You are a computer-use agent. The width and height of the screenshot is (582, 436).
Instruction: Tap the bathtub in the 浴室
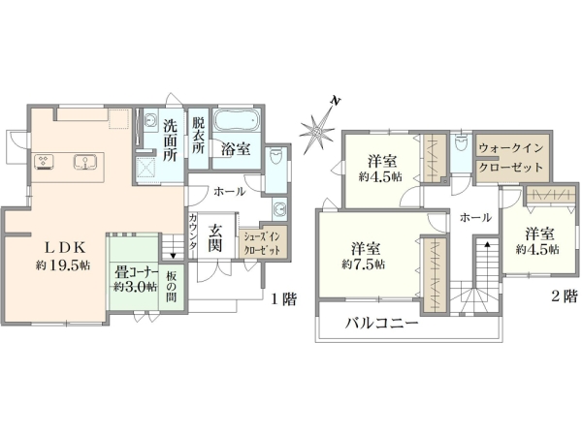click(236, 123)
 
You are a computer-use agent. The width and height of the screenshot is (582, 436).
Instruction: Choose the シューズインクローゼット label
click(262, 243)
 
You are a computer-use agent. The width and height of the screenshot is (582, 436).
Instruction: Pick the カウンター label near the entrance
click(193, 235)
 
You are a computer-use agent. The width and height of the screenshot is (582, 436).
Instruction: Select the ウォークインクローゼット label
click(513, 156)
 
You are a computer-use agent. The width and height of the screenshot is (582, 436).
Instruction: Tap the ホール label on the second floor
click(474, 218)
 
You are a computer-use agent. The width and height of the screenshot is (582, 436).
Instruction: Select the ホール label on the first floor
click(229, 191)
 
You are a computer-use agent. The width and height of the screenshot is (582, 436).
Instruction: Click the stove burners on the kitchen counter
click(46, 161)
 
